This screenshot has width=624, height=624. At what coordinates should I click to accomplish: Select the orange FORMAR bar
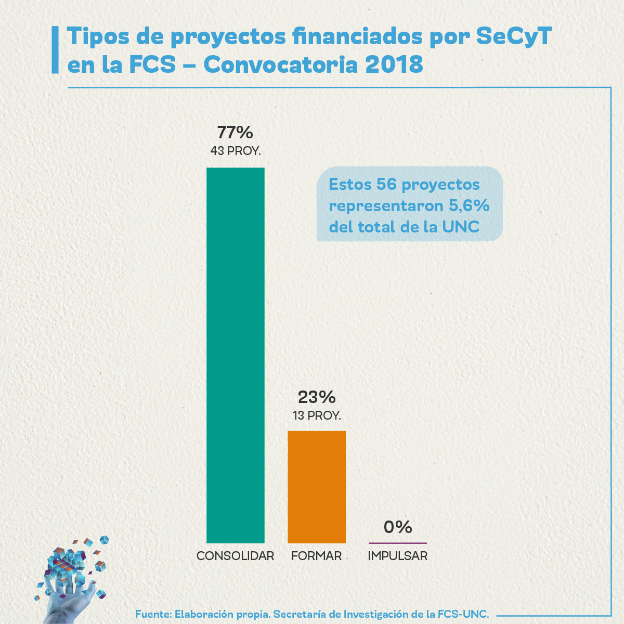pos(317,487)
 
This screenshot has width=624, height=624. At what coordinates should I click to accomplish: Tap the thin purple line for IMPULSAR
pos(398,543)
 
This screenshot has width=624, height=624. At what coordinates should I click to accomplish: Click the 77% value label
pos(235,133)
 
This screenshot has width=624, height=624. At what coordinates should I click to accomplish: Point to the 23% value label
pos(317,397)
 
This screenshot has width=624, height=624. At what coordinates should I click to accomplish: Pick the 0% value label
pos(398,527)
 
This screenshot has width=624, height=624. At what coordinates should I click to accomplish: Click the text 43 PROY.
pos(236,151)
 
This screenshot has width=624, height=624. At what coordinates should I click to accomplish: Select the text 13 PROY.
pos(317,415)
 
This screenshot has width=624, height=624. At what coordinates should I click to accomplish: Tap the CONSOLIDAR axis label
pos(236,556)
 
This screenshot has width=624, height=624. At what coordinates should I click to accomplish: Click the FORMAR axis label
pos(317,556)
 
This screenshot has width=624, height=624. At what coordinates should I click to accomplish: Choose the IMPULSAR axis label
pos(398,556)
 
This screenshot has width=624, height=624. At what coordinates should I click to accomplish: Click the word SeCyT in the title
pos(514,36)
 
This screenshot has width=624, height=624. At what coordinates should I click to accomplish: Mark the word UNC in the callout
pos(461,227)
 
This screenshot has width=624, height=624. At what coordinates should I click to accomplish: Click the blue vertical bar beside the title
pos(55,50)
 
